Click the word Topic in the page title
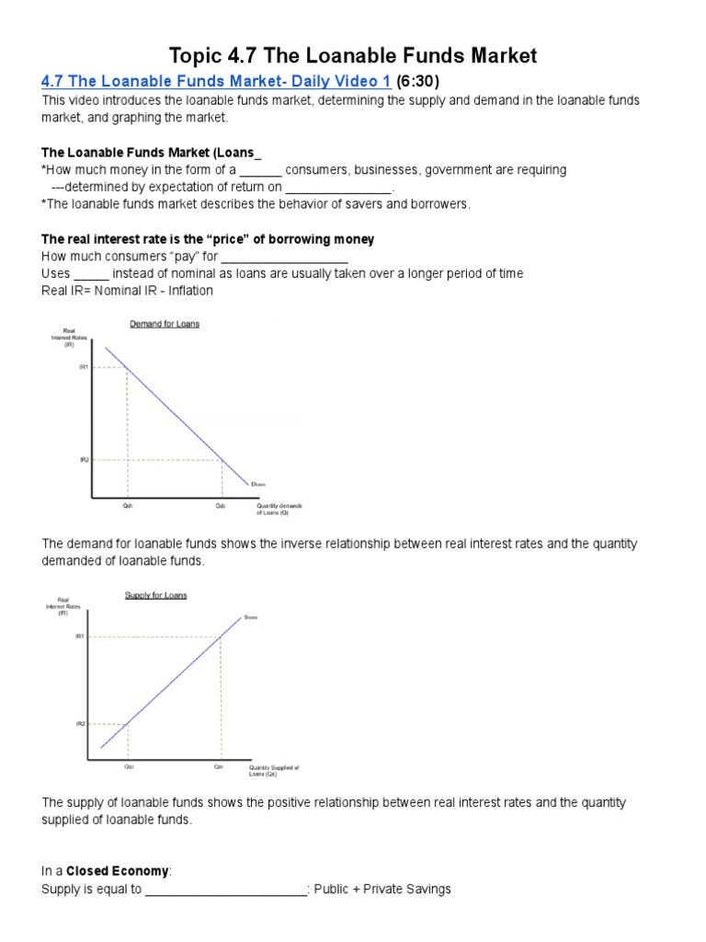197,55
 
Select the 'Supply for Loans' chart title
155,595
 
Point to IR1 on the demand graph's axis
84,367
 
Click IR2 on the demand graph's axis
84,459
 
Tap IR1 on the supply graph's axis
80,636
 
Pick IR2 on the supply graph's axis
80,724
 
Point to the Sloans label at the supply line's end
250,617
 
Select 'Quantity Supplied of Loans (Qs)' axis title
273,770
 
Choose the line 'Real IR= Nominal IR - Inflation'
127,291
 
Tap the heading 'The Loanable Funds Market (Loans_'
145,152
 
